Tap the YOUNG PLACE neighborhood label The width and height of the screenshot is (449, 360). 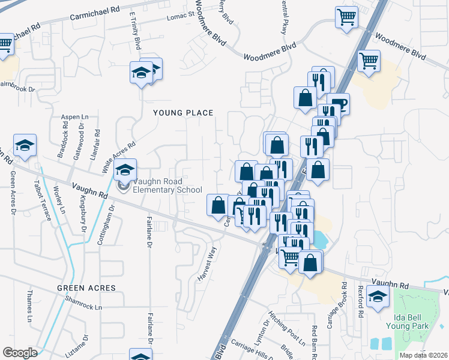pos(183,113)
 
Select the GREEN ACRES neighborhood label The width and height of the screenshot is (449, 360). pos(86,288)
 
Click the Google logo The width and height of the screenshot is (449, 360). pos(20,353)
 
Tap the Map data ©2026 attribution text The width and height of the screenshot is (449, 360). pos(423,355)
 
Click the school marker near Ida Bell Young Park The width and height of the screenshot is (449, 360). pos(378,296)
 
